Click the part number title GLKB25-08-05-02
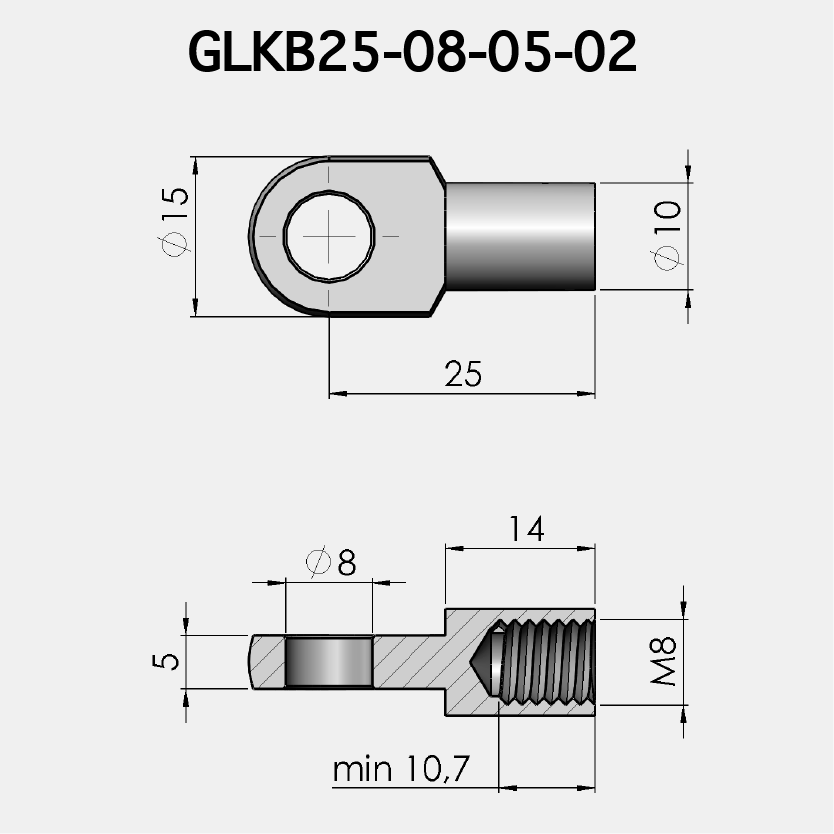coord(412,52)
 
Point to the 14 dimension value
coord(526,529)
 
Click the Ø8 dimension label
coord(331,563)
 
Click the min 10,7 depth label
coord(401,770)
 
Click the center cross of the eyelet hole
coord(330,236)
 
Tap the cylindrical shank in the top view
coord(520,236)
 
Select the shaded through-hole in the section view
coord(330,662)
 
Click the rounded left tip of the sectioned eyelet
coord(253,662)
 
